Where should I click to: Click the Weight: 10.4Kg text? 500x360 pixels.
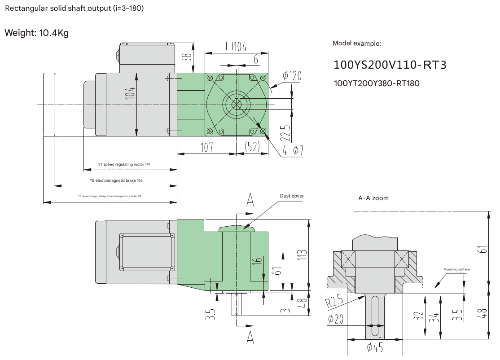[36, 33]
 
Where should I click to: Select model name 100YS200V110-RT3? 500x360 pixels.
[390, 65]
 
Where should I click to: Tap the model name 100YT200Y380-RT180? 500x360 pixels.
[377, 83]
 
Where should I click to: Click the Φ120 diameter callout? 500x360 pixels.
[292, 75]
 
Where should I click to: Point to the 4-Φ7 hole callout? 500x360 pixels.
[293, 150]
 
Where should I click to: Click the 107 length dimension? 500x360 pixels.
[206, 147]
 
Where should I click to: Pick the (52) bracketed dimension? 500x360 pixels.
[252, 147]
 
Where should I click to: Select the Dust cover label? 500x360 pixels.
[292, 196]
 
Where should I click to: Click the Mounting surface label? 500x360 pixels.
[456, 269]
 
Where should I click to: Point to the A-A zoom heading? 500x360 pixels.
[373, 198]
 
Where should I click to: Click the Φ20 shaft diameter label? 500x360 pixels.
[336, 320]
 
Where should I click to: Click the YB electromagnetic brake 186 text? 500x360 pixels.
[116, 180]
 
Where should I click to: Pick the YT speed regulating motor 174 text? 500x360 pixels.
[124, 165]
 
